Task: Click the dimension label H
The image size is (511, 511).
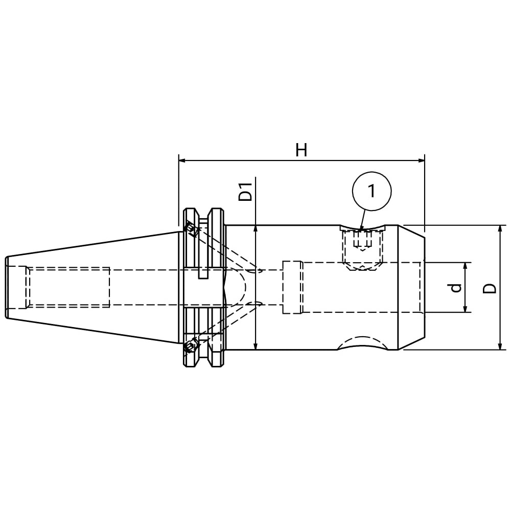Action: [x=301, y=151]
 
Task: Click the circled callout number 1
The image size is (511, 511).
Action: [x=371, y=191]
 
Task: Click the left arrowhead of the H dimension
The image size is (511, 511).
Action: [x=182, y=160]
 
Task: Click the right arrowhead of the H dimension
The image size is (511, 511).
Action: [x=422, y=160]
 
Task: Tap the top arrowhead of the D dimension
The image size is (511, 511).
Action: [x=500, y=229]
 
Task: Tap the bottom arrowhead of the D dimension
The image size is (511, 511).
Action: [x=500, y=346]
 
